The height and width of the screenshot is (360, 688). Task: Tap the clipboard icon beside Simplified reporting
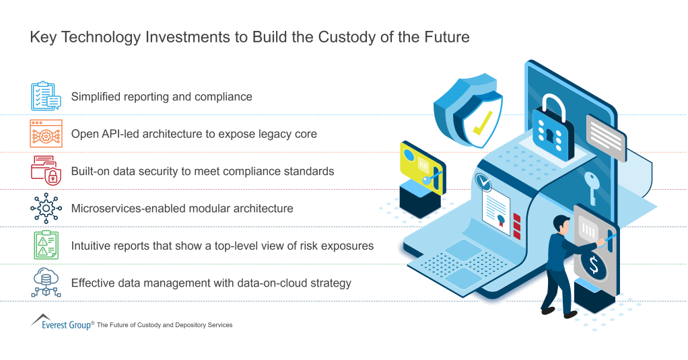(46, 96)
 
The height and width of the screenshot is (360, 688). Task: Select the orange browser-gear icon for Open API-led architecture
(46, 134)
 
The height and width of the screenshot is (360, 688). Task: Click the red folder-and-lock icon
(46, 171)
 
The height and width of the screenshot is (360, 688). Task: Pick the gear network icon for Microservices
(46, 209)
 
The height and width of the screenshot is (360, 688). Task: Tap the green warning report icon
(46, 246)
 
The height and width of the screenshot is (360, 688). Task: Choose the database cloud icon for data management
(46, 283)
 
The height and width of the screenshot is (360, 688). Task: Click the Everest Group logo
(61, 323)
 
